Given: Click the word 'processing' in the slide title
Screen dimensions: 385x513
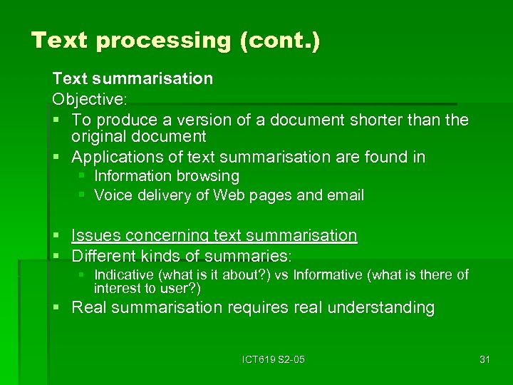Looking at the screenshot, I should coord(163,40).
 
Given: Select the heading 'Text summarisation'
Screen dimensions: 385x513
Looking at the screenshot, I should coord(133,78).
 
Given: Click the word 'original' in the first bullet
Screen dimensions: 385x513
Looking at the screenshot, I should coord(100,136).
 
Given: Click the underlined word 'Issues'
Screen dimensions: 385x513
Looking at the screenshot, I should coord(96,235).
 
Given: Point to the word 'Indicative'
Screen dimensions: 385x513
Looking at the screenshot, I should coord(124,274).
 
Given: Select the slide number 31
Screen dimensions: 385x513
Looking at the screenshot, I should coord(484,359).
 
